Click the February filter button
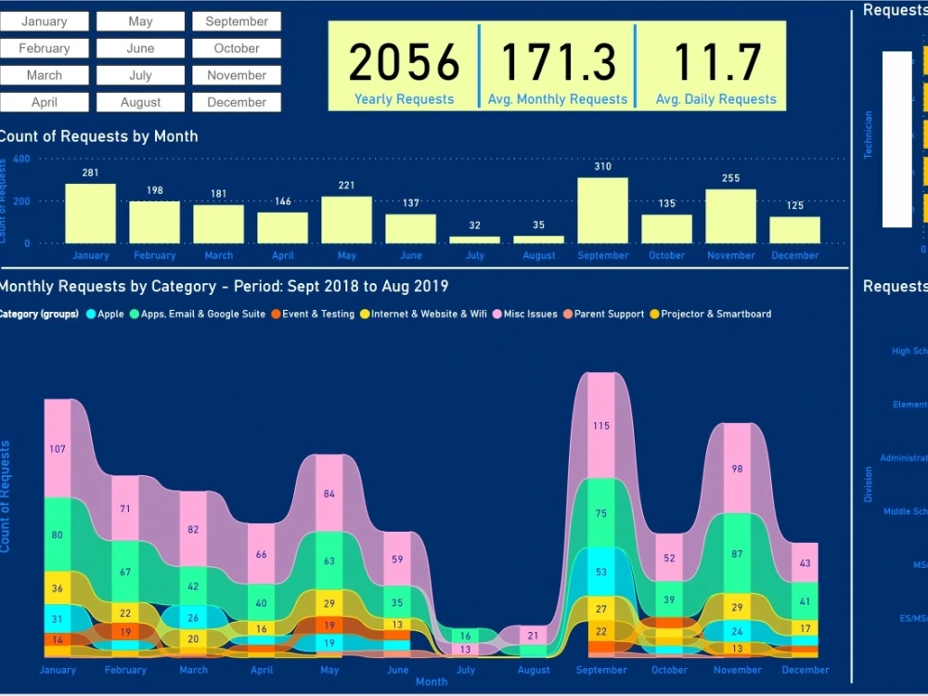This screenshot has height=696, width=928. click(x=45, y=48)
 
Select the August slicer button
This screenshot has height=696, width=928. click(x=140, y=102)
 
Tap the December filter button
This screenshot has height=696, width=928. click(x=237, y=102)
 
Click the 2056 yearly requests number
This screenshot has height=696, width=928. click(x=404, y=63)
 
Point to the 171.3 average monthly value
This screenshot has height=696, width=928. click(x=558, y=63)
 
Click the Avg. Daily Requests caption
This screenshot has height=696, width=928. click(x=715, y=99)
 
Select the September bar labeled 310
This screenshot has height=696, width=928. click(x=602, y=211)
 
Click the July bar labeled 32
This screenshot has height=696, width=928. click(x=474, y=239)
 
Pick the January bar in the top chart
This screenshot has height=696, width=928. click(x=90, y=213)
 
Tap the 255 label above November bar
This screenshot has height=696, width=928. click(x=730, y=178)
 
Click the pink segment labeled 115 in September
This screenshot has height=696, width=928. click(x=601, y=425)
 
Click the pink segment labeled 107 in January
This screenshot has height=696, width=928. click(x=58, y=448)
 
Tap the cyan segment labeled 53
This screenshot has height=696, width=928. click(x=601, y=572)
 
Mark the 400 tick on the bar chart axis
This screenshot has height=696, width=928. click(x=21, y=159)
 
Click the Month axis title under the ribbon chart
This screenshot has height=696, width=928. click(x=432, y=681)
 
